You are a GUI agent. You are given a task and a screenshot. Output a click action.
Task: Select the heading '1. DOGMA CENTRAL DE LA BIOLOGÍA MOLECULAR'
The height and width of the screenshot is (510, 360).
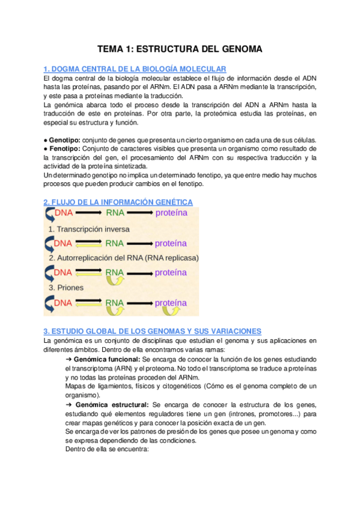coord(135,69)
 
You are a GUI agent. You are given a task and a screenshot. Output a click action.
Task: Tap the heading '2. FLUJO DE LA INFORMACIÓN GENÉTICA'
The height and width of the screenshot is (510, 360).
coord(118,201)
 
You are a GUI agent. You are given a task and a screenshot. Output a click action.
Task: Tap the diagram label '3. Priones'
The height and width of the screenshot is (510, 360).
coord(67,287)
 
